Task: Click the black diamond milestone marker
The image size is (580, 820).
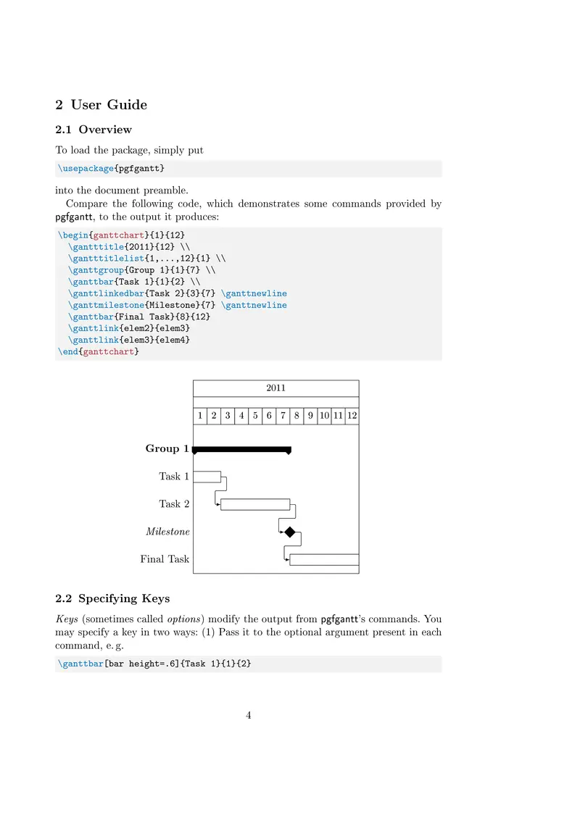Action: point(290,532)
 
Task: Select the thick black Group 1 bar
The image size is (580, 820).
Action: point(241,449)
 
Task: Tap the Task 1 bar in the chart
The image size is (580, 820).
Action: point(207,477)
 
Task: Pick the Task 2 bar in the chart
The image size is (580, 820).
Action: point(255,504)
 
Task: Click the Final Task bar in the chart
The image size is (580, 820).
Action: point(324,559)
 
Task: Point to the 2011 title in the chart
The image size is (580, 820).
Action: point(275,388)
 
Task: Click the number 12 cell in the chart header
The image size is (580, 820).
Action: point(352,416)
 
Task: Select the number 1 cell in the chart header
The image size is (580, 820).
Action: point(200,416)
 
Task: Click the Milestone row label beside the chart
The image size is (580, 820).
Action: point(167,532)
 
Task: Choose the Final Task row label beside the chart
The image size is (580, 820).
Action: point(165,559)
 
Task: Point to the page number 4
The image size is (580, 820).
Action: point(249,716)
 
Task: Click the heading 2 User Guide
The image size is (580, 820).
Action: point(101,105)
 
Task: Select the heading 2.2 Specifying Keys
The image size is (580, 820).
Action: point(112,598)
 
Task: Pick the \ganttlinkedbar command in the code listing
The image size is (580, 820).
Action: point(107,293)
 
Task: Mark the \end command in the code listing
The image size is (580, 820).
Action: point(67,352)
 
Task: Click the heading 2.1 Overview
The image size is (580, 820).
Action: point(94,130)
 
